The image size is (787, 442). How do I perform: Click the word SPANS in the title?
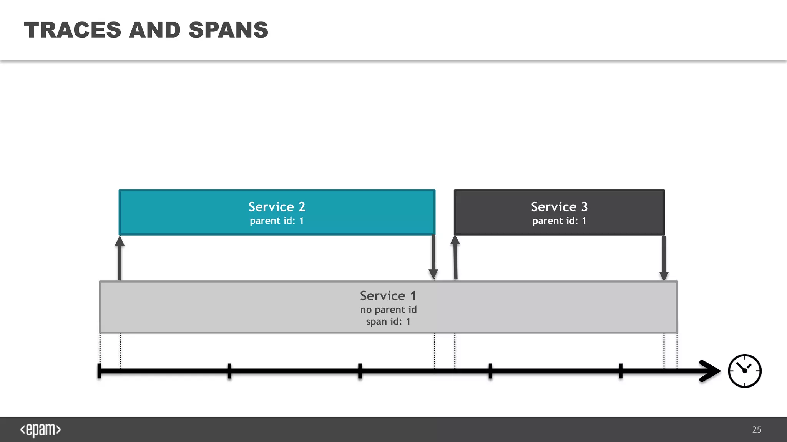click(228, 30)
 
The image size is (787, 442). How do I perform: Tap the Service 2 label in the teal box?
click(277, 207)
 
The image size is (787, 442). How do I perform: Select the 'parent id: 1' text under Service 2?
click(277, 221)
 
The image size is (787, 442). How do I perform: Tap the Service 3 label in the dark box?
click(559, 207)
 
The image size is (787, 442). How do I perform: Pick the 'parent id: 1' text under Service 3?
click(559, 221)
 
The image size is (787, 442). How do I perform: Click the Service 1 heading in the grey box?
click(388, 296)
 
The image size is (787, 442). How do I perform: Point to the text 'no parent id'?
click(388, 310)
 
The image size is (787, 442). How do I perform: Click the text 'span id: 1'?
click(388, 322)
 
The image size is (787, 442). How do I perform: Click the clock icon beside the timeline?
click(744, 371)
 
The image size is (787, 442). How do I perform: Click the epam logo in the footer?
click(40, 430)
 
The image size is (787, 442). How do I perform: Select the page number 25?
click(757, 430)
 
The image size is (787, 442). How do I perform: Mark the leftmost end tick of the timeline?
click(99, 371)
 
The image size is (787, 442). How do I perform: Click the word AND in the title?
click(154, 30)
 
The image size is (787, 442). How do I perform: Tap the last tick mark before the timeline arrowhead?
click(621, 371)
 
